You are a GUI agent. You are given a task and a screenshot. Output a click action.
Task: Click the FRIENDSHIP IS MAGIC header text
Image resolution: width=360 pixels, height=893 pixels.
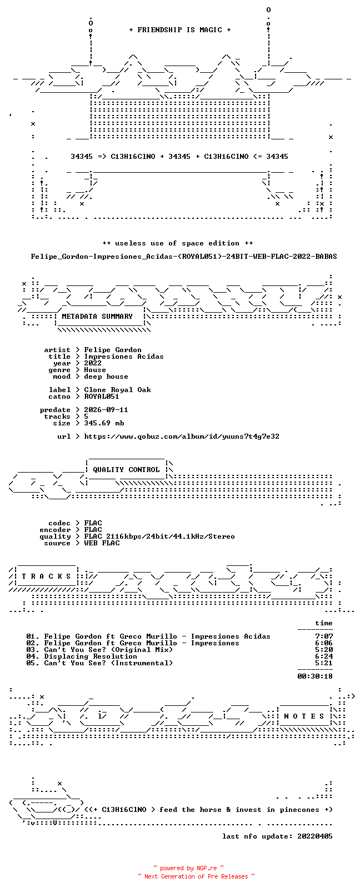180,30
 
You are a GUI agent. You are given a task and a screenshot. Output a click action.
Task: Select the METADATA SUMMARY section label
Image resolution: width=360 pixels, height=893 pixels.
97,317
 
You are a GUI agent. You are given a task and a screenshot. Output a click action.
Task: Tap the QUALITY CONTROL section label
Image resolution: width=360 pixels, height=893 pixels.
126,470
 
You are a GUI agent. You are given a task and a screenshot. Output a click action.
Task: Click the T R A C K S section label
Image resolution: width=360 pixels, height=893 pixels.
46,576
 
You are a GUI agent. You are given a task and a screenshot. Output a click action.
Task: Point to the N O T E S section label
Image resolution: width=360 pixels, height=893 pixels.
304,716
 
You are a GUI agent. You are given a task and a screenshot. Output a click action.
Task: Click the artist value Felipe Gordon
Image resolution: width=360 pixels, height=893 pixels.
113,350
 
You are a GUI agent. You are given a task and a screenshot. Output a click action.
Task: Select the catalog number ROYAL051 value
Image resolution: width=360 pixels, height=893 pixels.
102,397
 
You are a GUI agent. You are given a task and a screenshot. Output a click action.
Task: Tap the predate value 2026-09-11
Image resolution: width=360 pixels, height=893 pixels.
106,410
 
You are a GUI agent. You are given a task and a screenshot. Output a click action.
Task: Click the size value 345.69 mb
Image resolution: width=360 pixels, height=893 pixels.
104,423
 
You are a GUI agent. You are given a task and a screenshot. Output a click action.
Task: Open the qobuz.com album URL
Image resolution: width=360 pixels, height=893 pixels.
182,437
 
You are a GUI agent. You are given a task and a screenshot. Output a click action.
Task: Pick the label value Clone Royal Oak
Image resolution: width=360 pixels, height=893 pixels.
118,390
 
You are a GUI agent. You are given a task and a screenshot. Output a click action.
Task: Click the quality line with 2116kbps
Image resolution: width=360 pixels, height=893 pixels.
159,536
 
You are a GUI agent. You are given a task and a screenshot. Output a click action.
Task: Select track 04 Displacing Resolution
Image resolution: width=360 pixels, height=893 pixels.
82,656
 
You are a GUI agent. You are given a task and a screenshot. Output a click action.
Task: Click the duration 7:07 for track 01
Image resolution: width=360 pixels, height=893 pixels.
324,636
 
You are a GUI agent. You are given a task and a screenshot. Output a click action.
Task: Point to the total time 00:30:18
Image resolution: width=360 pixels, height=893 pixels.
315,676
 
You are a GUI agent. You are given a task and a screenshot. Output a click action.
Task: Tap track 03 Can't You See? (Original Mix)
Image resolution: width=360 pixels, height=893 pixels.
99,650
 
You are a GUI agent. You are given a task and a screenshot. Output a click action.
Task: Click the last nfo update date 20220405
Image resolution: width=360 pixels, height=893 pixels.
315,836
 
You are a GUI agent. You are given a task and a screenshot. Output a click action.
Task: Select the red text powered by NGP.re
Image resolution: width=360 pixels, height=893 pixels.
188,868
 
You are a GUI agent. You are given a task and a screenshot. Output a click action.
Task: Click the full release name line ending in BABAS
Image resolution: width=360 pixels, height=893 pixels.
184,257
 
